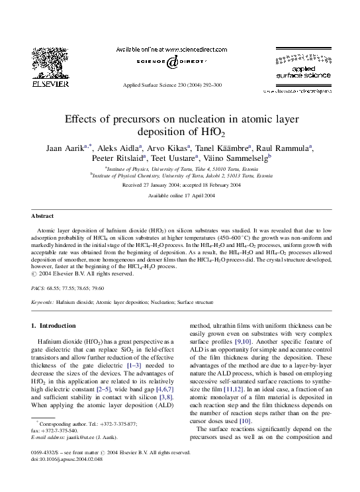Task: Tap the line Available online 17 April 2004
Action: (181, 197)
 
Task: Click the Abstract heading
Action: (42, 217)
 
